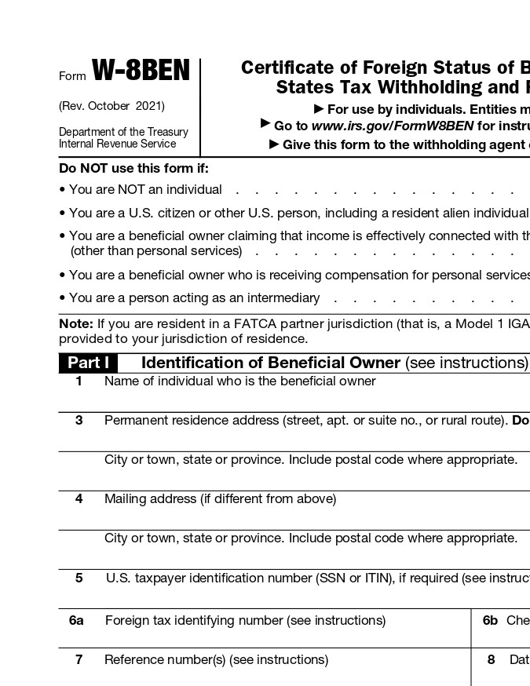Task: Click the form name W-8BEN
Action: (141, 71)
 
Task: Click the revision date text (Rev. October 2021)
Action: (111, 106)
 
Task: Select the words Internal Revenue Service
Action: (117, 144)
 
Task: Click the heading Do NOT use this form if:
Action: (133, 168)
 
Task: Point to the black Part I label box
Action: (88, 363)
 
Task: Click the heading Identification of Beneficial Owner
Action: (270, 363)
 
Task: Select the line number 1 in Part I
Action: (79, 381)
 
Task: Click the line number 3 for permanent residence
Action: (79, 421)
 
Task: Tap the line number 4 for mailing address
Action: (79, 499)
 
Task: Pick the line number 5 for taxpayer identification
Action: (79, 578)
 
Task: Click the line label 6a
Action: (76, 621)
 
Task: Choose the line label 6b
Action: (490, 621)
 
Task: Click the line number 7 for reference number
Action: (79, 660)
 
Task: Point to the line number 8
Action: (491, 660)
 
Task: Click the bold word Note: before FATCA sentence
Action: (76, 324)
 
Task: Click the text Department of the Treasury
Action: (123, 132)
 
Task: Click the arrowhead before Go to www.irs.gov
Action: (265, 124)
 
